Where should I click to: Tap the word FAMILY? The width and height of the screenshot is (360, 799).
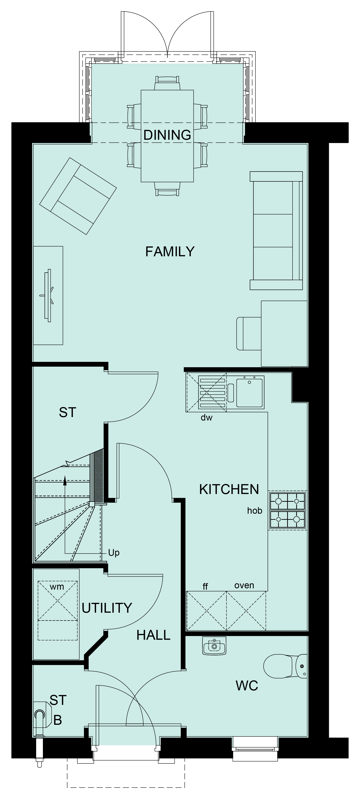(170, 251)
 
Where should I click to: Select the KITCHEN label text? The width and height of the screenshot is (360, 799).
(229, 489)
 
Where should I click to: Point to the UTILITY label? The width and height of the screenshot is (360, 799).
(107, 608)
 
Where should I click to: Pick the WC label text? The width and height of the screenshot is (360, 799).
(247, 686)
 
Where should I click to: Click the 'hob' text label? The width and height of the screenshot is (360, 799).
(254, 511)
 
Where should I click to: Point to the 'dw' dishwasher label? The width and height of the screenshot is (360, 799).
(207, 417)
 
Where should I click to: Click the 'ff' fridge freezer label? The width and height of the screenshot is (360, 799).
(205, 586)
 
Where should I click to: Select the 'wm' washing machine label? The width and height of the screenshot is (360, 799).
(57, 587)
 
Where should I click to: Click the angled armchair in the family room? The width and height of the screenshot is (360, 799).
(78, 196)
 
